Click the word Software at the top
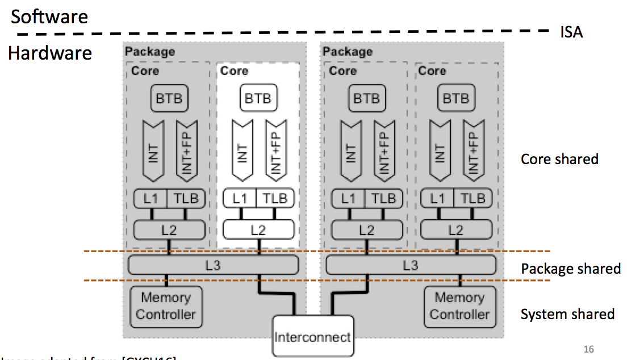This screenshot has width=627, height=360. coord(49,16)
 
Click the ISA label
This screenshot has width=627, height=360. coord(571,32)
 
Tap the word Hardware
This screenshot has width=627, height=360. coord(50,53)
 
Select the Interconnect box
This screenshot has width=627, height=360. coord(312,337)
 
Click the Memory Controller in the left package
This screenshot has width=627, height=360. coord(166,305)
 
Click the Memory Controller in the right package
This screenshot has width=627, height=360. coord(459,305)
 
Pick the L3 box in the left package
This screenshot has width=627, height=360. coord(214,265)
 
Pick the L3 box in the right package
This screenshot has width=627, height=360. coord(411,265)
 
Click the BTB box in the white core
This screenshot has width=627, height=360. coord(258,98)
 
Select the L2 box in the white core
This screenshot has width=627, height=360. coord(258,229)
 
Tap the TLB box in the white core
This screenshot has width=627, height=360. coord(275,199)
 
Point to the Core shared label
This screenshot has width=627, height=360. coord(559,159)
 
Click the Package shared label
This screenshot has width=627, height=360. coord(570,268)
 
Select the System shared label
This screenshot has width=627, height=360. coord(567,314)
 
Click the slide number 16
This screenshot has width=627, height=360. coord(588,349)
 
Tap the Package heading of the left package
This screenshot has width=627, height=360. coord(150,52)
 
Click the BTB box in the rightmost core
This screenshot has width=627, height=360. coord(455,98)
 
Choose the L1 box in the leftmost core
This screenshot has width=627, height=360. coord(150,199)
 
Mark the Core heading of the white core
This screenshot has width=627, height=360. coord(234,71)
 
